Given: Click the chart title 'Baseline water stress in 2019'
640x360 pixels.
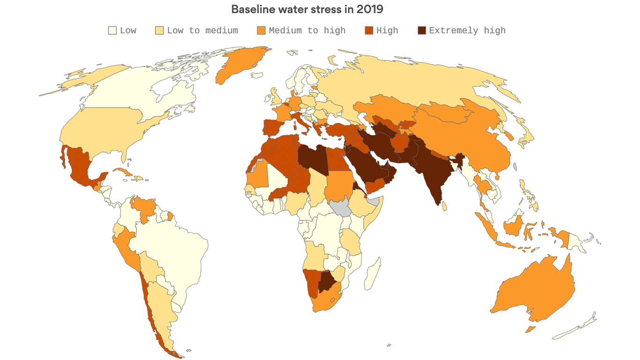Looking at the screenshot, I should pyautogui.click(x=307, y=9).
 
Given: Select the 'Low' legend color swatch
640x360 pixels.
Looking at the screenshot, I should pyautogui.click(x=112, y=31).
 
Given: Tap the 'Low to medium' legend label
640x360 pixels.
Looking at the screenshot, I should pyautogui.click(x=202, y=31).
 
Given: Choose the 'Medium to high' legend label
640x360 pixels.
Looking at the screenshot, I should pyautogui.click(x=307, y=31).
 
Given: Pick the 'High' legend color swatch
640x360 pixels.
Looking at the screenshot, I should pyautogui.click(x=369, y=31).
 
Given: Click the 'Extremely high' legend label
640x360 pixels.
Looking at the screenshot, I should pyautogui.click(x=467, y=31).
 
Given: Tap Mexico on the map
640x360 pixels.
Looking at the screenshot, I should pyautogui.click(x=80, y=166).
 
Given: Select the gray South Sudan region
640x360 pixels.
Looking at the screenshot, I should pyautogui.click(x=341, y=207).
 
